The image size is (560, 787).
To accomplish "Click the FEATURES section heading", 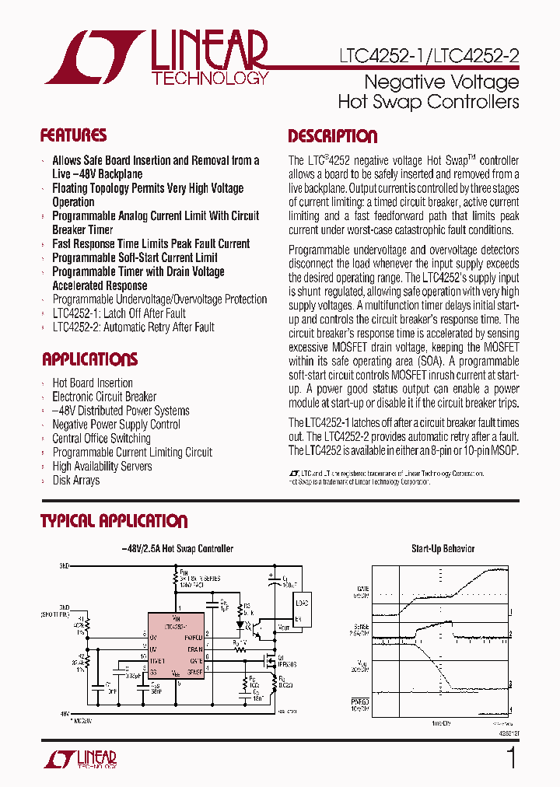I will coord(73,135).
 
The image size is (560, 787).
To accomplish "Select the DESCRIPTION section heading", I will coord(332,136).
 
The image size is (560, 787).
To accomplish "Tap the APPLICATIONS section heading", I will coord(89,359).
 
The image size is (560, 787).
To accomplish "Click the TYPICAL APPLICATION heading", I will coord(114,521).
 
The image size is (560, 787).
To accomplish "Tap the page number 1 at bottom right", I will coord(511,757).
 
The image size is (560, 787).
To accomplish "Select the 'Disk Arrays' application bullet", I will coord(75,481).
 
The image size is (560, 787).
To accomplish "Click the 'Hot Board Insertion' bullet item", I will coord(92,383).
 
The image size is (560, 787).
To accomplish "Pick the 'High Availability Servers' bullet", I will coord(102,467).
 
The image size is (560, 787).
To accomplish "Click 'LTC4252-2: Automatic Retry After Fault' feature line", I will coord(133,327).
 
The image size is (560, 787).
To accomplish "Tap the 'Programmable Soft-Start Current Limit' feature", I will coord(135,257).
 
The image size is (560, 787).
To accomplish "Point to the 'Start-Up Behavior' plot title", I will coord(443,548).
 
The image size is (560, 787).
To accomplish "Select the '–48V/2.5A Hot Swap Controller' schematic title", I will coord(178,548).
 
